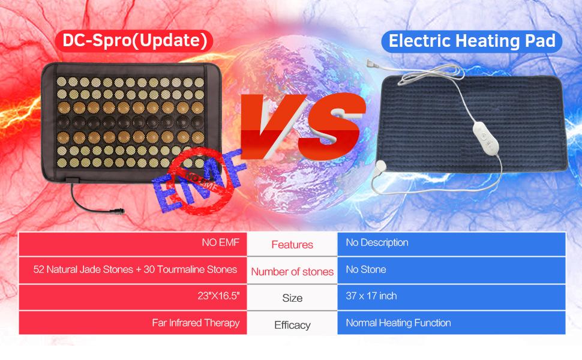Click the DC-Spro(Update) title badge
pyautogui.click(x=134, y=40)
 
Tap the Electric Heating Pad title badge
pyautogui.click(x=472, y=41)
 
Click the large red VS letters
pyautogui.click(x=301, y=125)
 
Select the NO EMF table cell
pyautogui.click(x=133, y=243)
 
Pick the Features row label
pyautogui.click(x=292, y=245)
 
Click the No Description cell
pyautogui.click(x=451, y=244)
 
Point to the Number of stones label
pyautogui.click(x=292, y=272)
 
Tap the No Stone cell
pyautogui.click(x=451, y=270)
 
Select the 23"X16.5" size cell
pyautogui.click(x=133, y=296)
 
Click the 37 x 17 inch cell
pyautogui.click(x=451, y=296)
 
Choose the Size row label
pyautogui.click(x=292, y=298)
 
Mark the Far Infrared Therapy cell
pyautogui.click(x=133, y=323)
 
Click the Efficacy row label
pyautogui.click(x=292, y=325)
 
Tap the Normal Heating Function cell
pyautogui.click(x=451, y=323)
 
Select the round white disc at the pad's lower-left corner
pyautogui.click(x=381, y=166)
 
